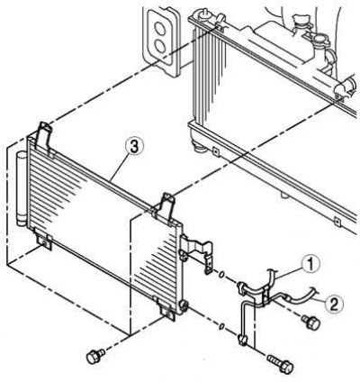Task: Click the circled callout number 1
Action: click(x=310, y=264)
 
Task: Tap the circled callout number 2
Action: click(x=334, y=305)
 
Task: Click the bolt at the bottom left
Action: click(x=95, y=356)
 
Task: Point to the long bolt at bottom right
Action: click(x=280, y=363)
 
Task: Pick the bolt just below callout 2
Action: click(x=311, y=323)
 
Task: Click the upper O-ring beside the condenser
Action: click(x=221, y=274)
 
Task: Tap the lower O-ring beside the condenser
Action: click(x=221, y=326)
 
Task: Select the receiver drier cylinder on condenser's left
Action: click(x=22, y=188)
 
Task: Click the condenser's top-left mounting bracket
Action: click(x=43, y=137)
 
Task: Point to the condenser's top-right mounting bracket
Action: click(x=164, y=207)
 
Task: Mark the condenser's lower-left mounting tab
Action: click(x=44, y=241)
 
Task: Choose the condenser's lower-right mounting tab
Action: click(x=166, y=309)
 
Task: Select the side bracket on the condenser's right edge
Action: click(x=196, y=252)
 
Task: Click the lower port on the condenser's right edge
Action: click(x=184, y=306)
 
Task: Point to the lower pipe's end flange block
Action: click(x=242, y=340)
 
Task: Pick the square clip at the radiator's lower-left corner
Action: click(x=215, y=150)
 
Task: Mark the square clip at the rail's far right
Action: click(x=337, y=223)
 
